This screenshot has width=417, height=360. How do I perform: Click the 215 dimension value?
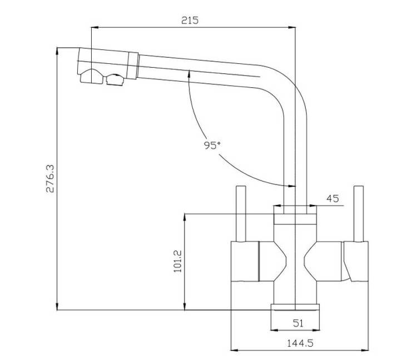(190, 20)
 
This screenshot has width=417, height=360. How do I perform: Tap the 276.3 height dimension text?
(50, 178)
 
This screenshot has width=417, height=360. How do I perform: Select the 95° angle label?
(212, 145)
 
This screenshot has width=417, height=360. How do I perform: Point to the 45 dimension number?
(332, 198)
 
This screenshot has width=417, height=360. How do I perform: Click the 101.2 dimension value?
(177, 261)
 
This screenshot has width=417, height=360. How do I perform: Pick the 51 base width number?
(298, 323)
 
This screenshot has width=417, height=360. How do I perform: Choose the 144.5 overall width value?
(300, 343)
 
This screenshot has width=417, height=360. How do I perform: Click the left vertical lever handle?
(241, 214)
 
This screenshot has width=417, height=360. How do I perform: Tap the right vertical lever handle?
(359, 214)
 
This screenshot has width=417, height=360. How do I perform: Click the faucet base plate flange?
(295, 307)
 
